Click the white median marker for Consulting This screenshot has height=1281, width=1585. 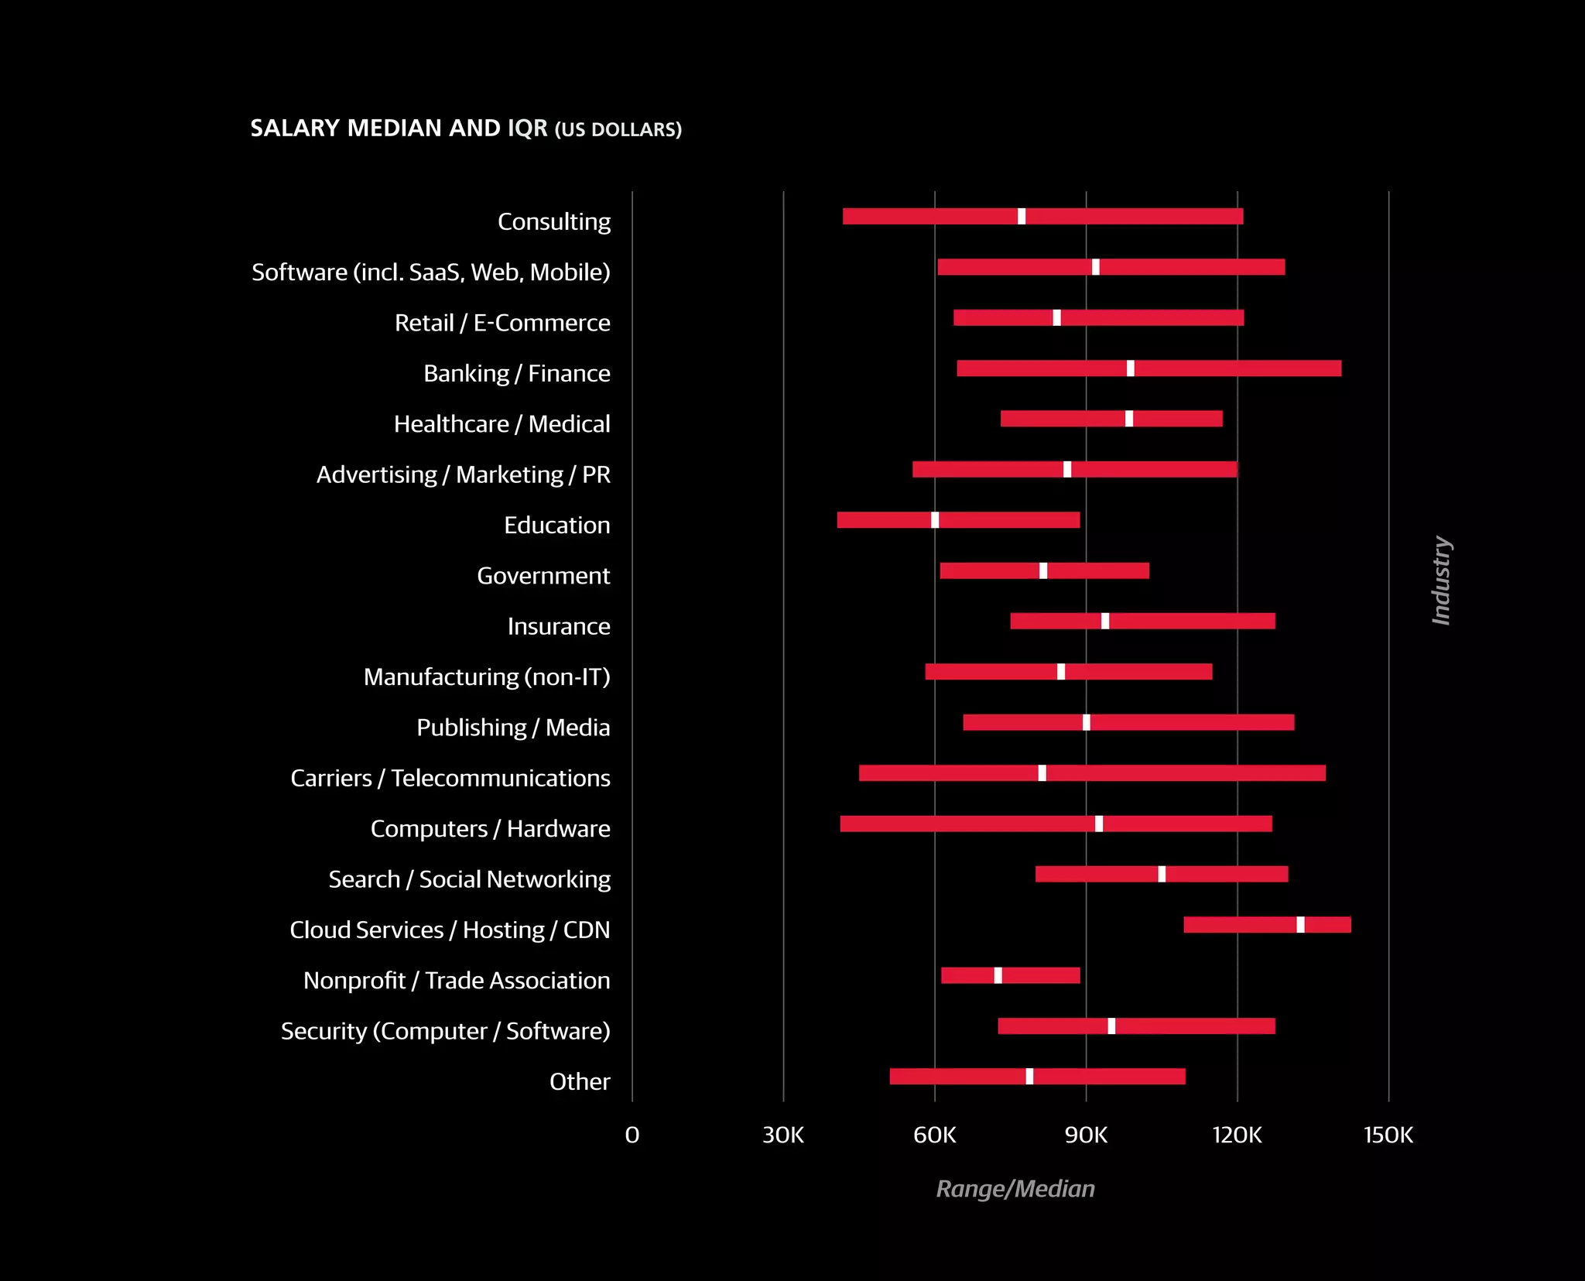pyautogui.click(x=1022, y=217)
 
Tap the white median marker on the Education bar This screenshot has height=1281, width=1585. pyautogui.click(x=935, y=520)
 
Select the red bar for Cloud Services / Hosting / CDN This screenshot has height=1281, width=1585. pyautogui.click(x=1238, y=925)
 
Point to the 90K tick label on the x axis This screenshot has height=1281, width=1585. pyautogui.click(x=1086, y=1135)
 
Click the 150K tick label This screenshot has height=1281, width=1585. pyautogui.click(x=1388, y=1135)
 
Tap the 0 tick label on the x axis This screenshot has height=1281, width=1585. pyautogui.click(x=632, y=1135)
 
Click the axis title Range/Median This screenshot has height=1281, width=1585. pyautogui.click(x=1015, y=1189)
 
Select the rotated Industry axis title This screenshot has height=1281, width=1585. pyautogui.click(x=1441, y=581)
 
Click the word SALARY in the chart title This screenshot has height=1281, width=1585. pyautogui.click(x=295, y=128)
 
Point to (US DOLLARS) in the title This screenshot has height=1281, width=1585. pyautogui.click(x=618, y=129)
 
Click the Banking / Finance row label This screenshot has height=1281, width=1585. pyautogui.click(x=516, y=374)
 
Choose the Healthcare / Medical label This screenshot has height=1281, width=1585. pyautogui.click(x=502, y=424)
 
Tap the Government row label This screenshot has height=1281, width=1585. pyautogui.click(x=543, y=576)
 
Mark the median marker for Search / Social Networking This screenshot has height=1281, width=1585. pyautogui.click(x=1162, y=875)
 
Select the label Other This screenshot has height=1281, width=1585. pyautogui.click(x=580, y=1082)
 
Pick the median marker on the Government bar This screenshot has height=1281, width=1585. pyautogui.click(x=1043, y=571)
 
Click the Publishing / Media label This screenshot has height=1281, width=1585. pyautogui.click(x=513, y=728)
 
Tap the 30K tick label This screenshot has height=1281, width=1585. pyautogui.click(x=783, y=1135)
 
